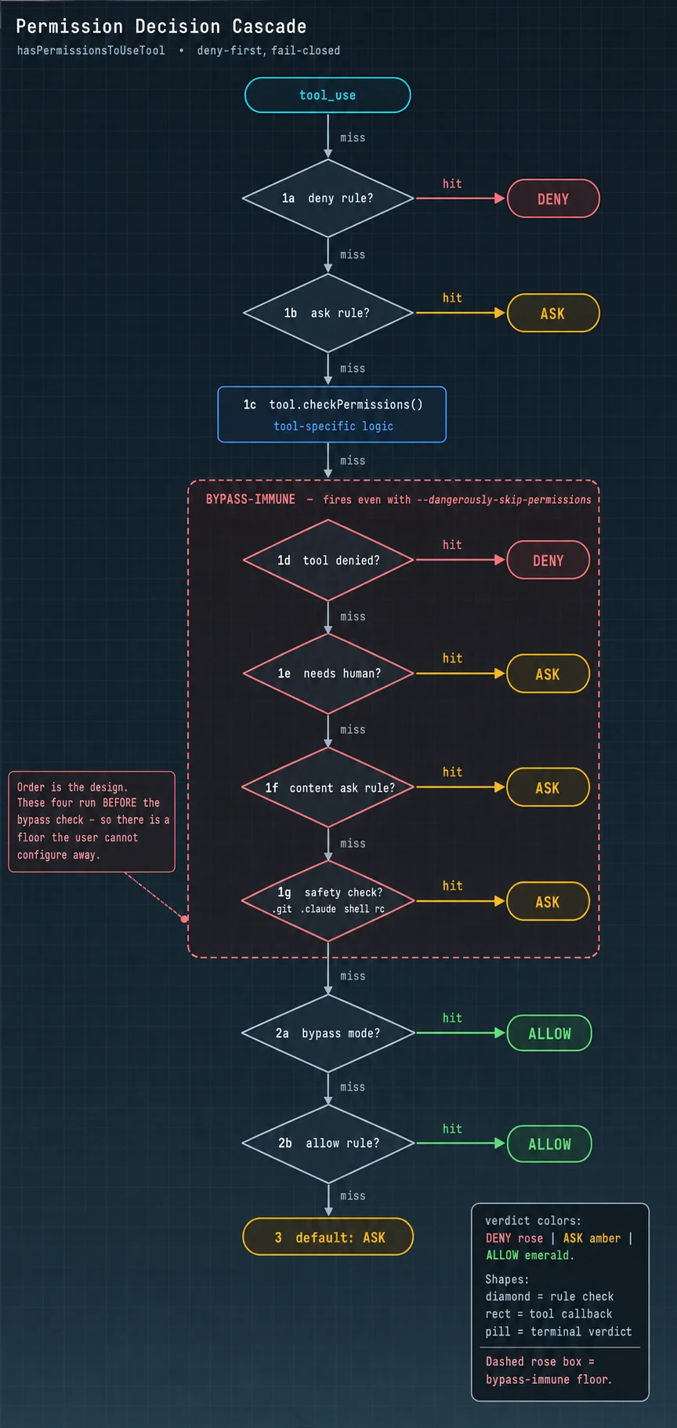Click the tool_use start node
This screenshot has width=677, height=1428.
pos(328,95)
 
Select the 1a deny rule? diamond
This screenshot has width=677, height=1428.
pos(328,198)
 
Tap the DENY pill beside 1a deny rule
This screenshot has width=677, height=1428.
pos(553,198)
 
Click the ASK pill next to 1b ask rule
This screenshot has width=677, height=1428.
pos(553,313)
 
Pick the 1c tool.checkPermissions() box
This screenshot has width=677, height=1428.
pos(332,414)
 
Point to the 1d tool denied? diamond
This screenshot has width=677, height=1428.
pos(328,560)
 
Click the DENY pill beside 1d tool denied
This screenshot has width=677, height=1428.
pos(548,560)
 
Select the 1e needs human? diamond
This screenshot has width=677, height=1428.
pos(328,673)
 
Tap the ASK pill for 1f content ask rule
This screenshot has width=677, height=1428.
pos(548,787)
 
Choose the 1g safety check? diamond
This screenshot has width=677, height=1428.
pos(328,901)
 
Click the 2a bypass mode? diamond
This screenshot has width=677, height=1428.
pos(328,1033)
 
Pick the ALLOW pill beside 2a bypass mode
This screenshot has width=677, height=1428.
pos(549,1033)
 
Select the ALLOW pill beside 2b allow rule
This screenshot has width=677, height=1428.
pos(549,1143)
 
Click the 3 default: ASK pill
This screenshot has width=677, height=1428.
pos(328,1237)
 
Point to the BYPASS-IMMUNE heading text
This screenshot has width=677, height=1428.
pos(251,500)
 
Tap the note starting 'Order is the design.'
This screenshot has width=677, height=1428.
pos(92,821)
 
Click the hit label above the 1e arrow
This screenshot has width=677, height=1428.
pos(452,658)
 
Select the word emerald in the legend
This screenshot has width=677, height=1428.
pos(547,1255)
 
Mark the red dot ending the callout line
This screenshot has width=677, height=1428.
pos(185,918)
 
